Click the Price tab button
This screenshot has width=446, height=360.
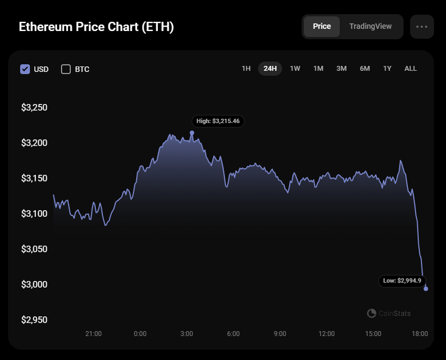point(322,27)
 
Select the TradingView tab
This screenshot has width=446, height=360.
point(370,27)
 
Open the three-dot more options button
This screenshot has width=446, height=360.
point(422,27)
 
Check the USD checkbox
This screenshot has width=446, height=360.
point(25,69)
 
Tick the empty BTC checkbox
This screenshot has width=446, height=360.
point(66,69)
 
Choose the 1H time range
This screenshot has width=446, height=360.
point(246,69)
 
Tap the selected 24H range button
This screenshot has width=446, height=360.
point(270,69)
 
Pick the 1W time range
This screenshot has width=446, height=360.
point(295,69)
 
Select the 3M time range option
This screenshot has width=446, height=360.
point(341,69)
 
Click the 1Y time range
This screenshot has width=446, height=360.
point(387,69)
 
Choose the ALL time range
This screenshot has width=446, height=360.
point(411,69)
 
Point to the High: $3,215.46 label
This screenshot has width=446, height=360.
point(218,121)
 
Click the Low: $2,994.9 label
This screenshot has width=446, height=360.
point(402,281)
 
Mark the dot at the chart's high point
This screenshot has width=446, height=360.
point(192,133)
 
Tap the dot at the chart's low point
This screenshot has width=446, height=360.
point(426,289)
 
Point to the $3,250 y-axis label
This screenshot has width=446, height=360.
point(34,107)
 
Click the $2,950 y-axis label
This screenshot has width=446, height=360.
point(34,320)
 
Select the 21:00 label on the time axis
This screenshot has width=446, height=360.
point(93,333)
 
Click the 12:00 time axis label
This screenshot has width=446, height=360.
point(327,333)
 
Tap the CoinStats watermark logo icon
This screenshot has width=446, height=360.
point(371,313)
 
